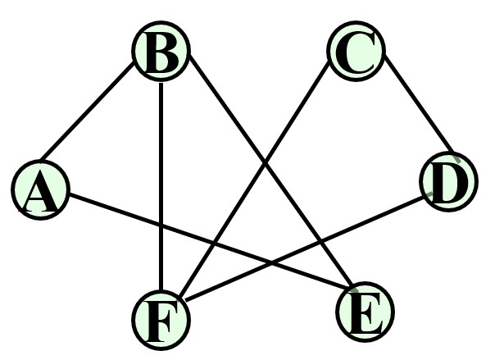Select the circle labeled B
(x=161, y=53)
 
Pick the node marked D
(x=447, y=182)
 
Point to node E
(x=365, y=312)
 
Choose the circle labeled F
(x=161, y=318)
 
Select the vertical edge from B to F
(x=161, y=148)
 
